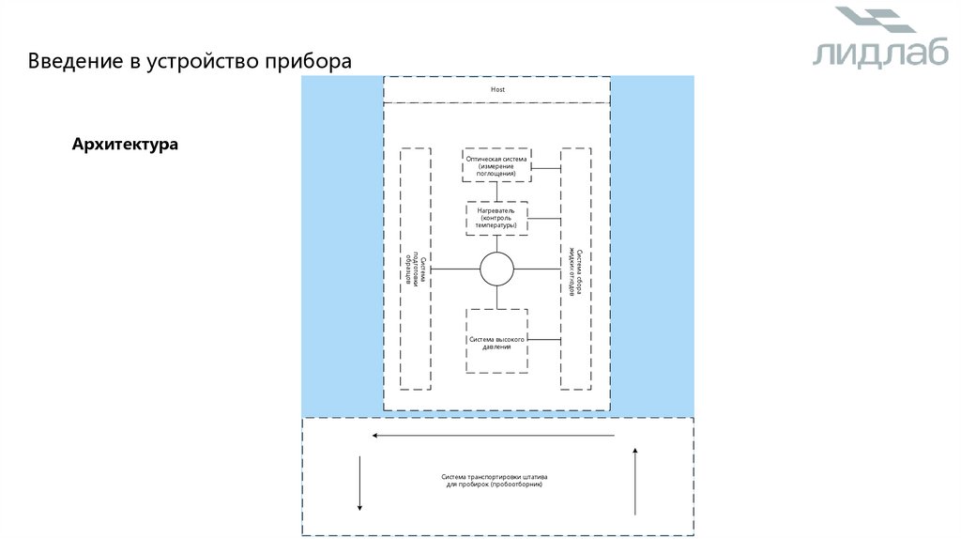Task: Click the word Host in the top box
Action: (497, 89)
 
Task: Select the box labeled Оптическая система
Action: (496, 165)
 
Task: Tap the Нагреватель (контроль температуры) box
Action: (496, 219)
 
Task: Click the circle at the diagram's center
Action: (497, 269)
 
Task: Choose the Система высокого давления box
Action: (496, 342)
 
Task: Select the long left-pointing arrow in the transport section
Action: (493, 436)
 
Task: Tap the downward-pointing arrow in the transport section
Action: (359, 484)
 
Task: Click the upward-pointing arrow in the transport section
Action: (635, 482)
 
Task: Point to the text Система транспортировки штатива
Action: (496, 478)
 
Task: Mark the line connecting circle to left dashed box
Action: (455, 269)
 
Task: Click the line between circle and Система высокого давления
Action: (496, 297)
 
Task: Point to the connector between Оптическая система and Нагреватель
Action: (496, 192)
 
